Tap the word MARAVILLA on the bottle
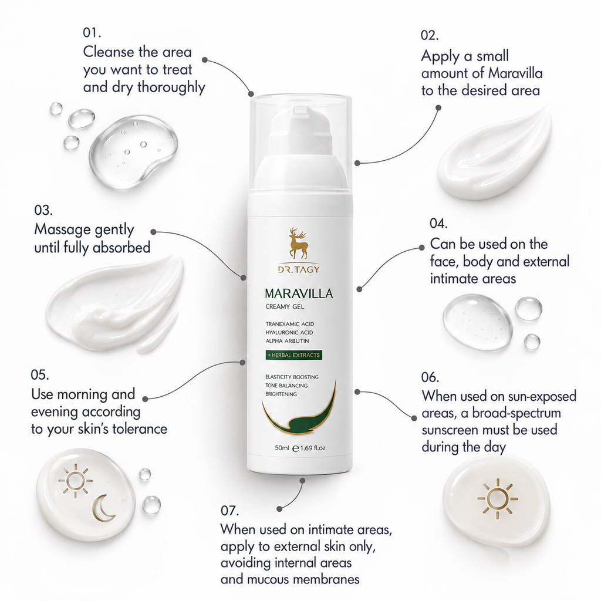[299, 293]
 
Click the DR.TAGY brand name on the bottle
[299, 269]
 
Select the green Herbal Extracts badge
[293, 355]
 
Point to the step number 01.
[92, 33]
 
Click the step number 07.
[229, 511]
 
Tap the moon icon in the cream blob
[103, 508]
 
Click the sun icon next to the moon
[75, 481]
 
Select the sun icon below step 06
[497, 499]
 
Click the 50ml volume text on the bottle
[282, 448]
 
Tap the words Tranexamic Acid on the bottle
[290, 324]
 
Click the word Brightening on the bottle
[281, 394]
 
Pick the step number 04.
[438, 224]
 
